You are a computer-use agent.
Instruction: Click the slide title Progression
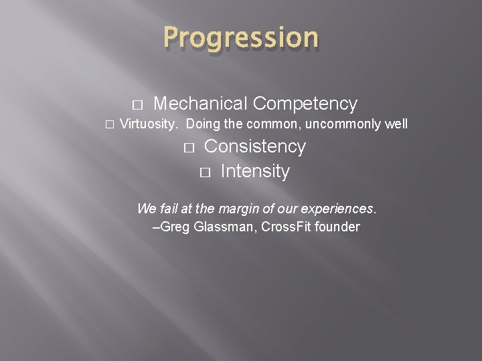coord(241,38)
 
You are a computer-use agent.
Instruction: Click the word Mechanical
coord(201,104)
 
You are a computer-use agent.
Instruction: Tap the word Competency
coord(305,104)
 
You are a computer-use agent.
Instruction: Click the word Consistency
coord(254,146)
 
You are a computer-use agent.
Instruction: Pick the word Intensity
coord(254,172)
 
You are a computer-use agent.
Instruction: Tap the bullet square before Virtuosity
coord(110,125)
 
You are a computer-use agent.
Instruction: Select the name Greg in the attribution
coord(175,227)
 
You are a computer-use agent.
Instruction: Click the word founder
coord(337,227)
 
